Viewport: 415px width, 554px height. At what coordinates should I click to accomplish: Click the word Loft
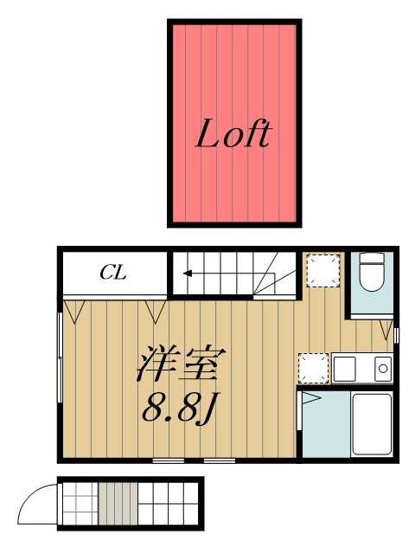pyautogui.click(x=233, y=133)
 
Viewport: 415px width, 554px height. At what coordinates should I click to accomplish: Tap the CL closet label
pyautogui.click(x=113, y=273)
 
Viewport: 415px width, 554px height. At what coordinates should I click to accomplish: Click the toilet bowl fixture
pyautogui.click(x=372, y=282)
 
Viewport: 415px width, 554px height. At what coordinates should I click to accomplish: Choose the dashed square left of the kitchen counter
pyautogui.click(x=313, y=368)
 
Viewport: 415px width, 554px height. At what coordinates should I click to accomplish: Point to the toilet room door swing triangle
pyautogui.click(x=386, y=328)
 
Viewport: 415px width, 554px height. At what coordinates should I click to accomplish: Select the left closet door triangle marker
pyautogui.click(x=73, y=308)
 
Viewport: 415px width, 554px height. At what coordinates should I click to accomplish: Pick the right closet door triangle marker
pyautogui.click(x=156, y=308)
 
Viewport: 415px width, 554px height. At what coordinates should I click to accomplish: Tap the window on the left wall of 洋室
pyautogui.click(x=60, y=355)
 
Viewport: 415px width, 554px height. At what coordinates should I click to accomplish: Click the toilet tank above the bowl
pyautogui.click(x=372, y=258)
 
